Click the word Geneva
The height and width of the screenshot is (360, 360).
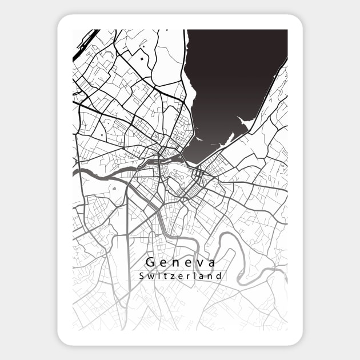tap(181, 263)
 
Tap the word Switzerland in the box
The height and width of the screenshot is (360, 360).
tap(181, 276)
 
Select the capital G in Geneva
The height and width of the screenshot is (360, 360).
tap(150, 263)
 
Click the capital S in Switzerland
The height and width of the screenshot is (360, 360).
tap(141, 276)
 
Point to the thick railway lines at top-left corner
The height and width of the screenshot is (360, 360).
tap(85, 43)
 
